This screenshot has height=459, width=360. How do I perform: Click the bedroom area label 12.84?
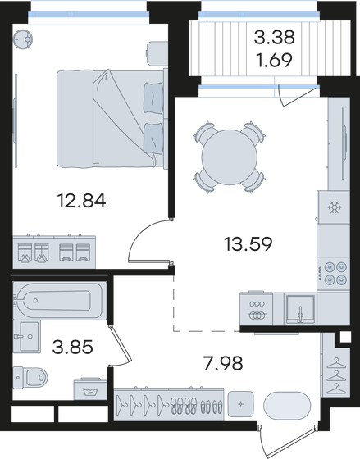(x=82, y=201)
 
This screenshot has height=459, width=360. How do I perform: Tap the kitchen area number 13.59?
(x=248, y=244)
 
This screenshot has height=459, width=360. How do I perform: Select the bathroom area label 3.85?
(x=72, y=347)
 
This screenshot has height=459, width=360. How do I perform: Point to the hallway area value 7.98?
(x=223, y=363)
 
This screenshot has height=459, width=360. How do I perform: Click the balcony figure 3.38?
(x=274, y=37)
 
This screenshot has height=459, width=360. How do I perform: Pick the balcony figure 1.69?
(x=274, y=60)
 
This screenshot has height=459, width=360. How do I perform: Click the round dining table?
(x=229, y=157)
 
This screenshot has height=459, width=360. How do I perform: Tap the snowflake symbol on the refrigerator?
(x=335, y=207)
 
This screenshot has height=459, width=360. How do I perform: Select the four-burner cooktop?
(x=334, y=274)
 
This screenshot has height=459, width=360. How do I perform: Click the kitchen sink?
(x=300, y=309)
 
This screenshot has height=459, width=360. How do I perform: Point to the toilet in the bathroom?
(x=30, y=377)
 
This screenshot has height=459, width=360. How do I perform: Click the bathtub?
(x=60, y=300)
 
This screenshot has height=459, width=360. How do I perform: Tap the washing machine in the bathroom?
(x=90, y=389)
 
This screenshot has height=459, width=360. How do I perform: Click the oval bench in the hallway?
(x=287, y=406)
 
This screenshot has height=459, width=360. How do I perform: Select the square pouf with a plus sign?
(x=241, y=404)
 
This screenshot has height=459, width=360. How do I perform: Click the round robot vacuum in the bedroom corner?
(x=23, y=39)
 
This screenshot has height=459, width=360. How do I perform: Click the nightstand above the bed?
(x=157, y=54)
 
